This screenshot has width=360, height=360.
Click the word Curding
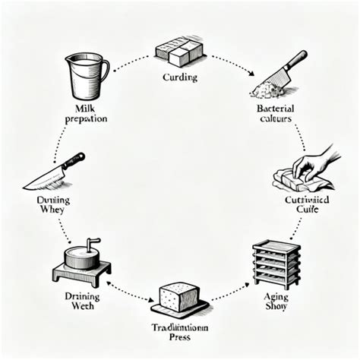[179, 77]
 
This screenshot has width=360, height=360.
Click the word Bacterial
[276, 108]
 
